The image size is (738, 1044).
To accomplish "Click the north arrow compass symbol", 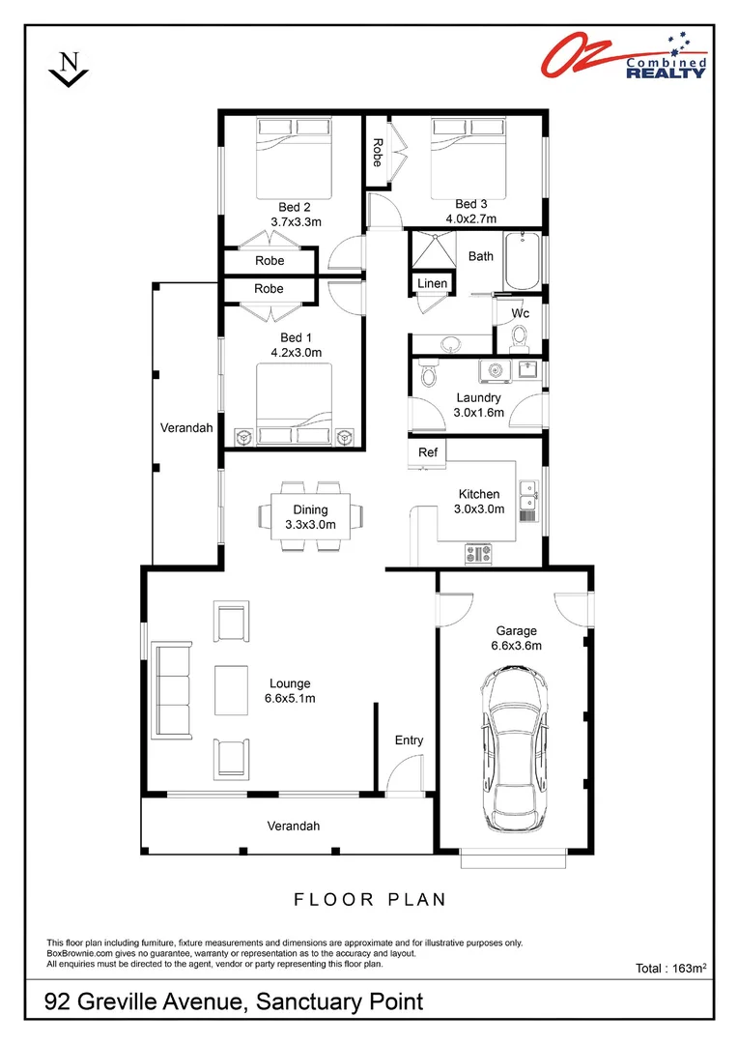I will click(x=69, y=70).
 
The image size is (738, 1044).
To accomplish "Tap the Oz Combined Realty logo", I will click(x=622, y=56).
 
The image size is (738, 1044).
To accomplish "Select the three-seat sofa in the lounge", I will click(x=175, y=690).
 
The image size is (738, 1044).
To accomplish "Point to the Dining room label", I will click(x=310, y=509).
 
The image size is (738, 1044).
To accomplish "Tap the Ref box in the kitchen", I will click(x=427, y=452).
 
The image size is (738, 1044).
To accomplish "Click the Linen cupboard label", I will click(x=432, y=283).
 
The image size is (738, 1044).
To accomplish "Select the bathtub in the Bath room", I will click(x=525, y=261).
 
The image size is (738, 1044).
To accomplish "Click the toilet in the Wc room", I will click(x=520, y=336).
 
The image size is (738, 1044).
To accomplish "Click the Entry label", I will click(x=409, y=740).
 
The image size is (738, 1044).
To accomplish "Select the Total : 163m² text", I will click(x=673, y=968).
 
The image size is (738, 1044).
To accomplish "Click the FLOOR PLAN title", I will click(x=370, y=900).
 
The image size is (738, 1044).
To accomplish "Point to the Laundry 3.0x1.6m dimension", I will click(x=478, y=412).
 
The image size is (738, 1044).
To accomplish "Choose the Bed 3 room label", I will click(x=470, y=204).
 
